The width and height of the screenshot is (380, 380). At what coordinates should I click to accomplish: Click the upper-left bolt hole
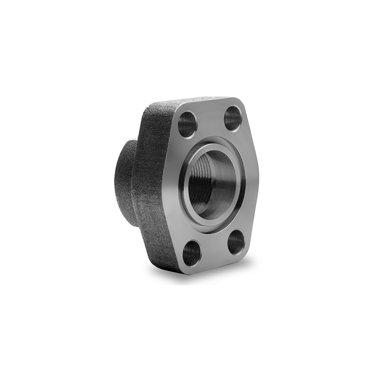(187, 125)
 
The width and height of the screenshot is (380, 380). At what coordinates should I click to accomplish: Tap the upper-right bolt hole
(233, 118)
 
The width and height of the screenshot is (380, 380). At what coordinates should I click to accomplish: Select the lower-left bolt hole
(192, 253)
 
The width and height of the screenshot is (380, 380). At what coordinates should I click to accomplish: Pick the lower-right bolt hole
(236, 242)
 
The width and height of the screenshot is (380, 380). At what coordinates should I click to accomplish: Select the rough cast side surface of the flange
(152, 190)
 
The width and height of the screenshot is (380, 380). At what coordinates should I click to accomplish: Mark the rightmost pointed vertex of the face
(259, 178)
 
